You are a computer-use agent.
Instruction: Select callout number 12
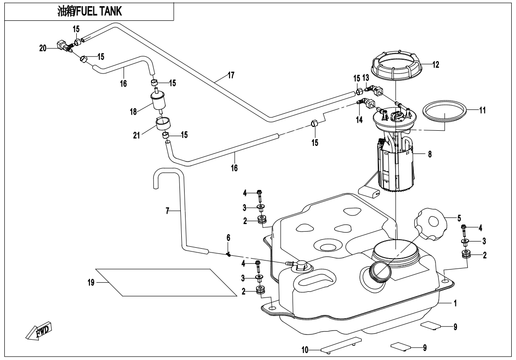coord(436,65)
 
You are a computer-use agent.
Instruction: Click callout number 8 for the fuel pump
coord(430,154)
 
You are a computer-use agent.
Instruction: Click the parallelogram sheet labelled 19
coord(166,282)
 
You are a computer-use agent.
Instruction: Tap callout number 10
coord(305,350)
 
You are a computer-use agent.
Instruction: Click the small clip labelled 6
coord(228,254)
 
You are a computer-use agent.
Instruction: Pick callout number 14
coord(360,120)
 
